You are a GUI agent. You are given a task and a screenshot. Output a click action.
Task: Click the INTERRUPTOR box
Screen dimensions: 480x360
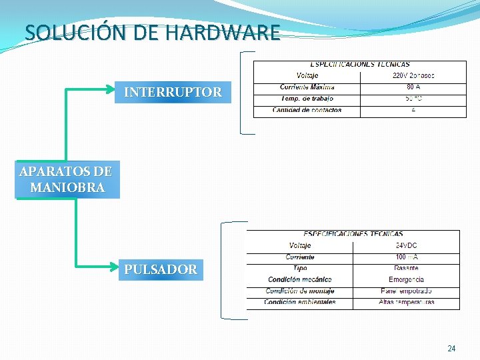click(173, 93)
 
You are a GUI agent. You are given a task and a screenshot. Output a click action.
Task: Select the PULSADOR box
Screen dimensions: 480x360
click(161, 270)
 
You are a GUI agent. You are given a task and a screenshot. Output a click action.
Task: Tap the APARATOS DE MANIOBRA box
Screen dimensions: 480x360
click(67, 179)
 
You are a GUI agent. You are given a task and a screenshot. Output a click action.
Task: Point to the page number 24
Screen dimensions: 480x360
click(451, 349)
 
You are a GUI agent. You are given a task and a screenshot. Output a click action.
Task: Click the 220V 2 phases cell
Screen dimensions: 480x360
click(413, 75)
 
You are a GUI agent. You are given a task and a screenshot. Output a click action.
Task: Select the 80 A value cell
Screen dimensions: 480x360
click(413, 87)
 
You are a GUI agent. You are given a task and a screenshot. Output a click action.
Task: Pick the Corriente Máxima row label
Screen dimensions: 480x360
click(307, 87)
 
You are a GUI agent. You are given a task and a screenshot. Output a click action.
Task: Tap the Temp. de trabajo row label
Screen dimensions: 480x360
click(307, 99)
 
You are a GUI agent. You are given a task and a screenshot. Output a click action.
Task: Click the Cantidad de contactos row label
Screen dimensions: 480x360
click(307, 110)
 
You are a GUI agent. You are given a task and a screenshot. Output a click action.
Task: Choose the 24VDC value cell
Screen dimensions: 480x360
click(406, 245)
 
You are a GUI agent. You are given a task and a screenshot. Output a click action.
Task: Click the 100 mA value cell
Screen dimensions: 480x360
click(406, 257)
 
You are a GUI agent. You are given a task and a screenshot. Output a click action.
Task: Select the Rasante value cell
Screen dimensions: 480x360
click(406, 268)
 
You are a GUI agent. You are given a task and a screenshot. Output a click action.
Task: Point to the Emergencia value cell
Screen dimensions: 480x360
click(406, 279)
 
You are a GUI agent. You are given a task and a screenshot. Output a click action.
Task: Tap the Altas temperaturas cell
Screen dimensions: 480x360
click(406, 302)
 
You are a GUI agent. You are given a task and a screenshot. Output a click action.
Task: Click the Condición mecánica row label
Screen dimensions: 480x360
click(299, 279)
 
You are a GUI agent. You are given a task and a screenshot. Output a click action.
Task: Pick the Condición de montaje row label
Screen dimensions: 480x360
click(299, 291)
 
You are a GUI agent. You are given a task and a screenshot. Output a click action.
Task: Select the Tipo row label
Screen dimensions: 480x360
click(299, 268)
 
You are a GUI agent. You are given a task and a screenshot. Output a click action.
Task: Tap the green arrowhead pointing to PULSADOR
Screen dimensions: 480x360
click(114, 265)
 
